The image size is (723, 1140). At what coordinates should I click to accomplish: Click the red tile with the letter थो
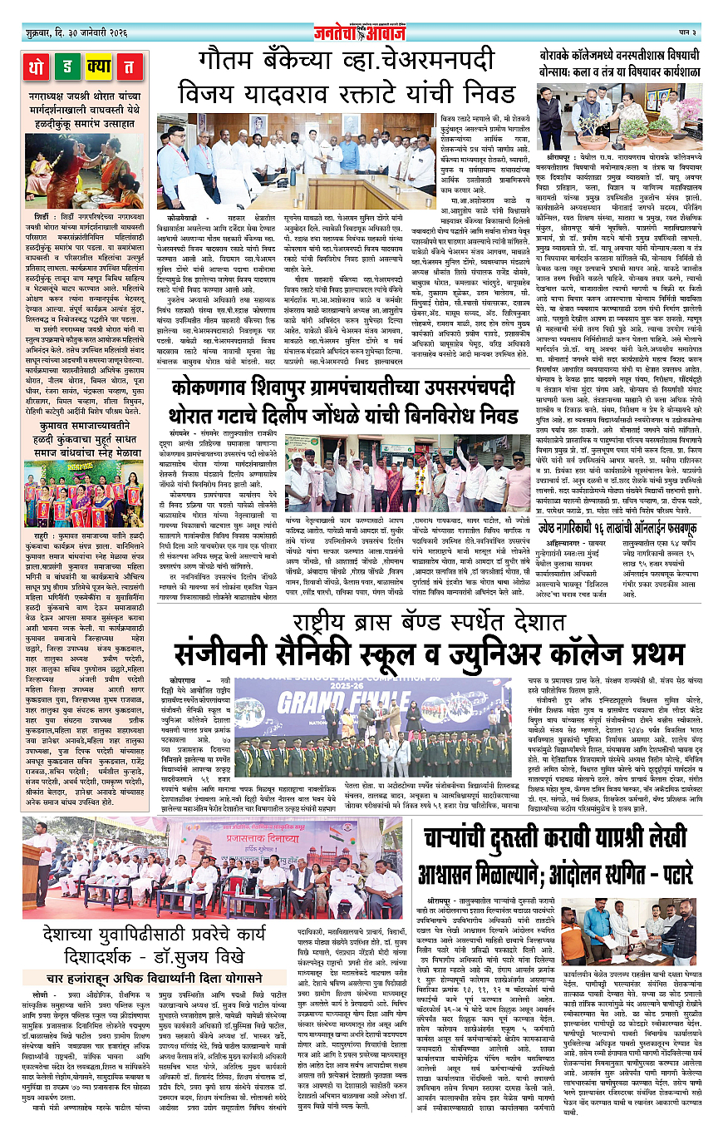37,67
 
